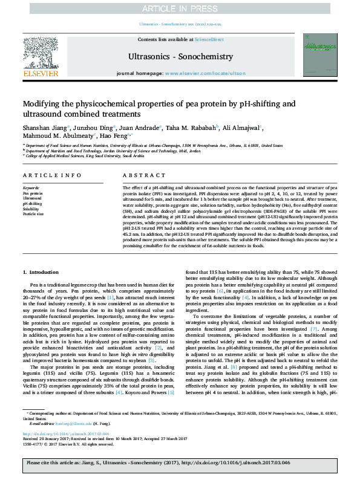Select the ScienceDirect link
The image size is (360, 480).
point(209,39)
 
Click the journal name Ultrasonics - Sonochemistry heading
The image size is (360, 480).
point(180,56)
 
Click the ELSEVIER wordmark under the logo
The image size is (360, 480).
point(40,73)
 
